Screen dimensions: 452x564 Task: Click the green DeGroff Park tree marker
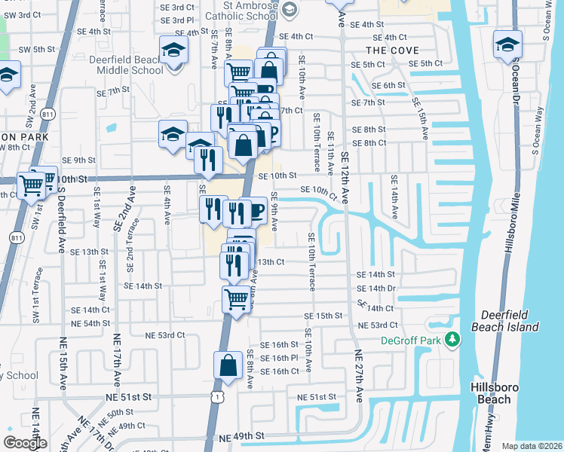(x=452, y=341)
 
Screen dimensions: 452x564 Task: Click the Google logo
(x=25, y=442)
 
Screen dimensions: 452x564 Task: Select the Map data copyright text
(x=532, y=446)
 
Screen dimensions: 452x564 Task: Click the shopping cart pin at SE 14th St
(x=237, y=299)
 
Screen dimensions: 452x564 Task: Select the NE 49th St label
(x=242, y=436)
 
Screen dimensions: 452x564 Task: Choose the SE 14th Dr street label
(x=376, y=289)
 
